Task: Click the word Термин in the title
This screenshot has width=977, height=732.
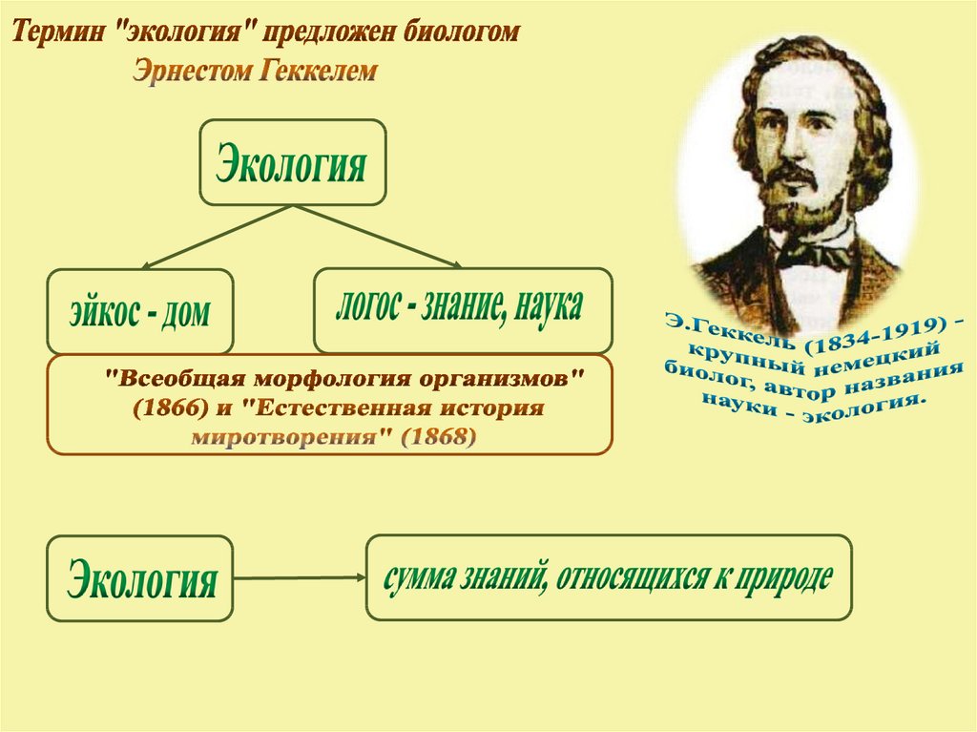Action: tap(58, 31)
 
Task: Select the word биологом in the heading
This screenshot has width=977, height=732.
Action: tap(460, 31)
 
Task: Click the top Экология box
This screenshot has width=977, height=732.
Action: tap(292, 162)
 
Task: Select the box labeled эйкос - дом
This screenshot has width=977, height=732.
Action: tap(140, 311)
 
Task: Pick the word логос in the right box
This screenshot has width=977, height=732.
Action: tap(367, 306)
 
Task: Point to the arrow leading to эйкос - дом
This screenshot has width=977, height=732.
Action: tap(217, 238)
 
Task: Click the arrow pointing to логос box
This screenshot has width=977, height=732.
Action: tap(377, 237)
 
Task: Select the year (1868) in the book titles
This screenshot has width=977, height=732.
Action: tap(439, 437)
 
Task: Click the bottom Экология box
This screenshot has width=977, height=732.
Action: tap(140, 578)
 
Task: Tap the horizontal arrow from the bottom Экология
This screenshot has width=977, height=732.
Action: tap(300, 578)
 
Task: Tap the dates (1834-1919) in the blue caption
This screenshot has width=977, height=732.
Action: tap(871, 334)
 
